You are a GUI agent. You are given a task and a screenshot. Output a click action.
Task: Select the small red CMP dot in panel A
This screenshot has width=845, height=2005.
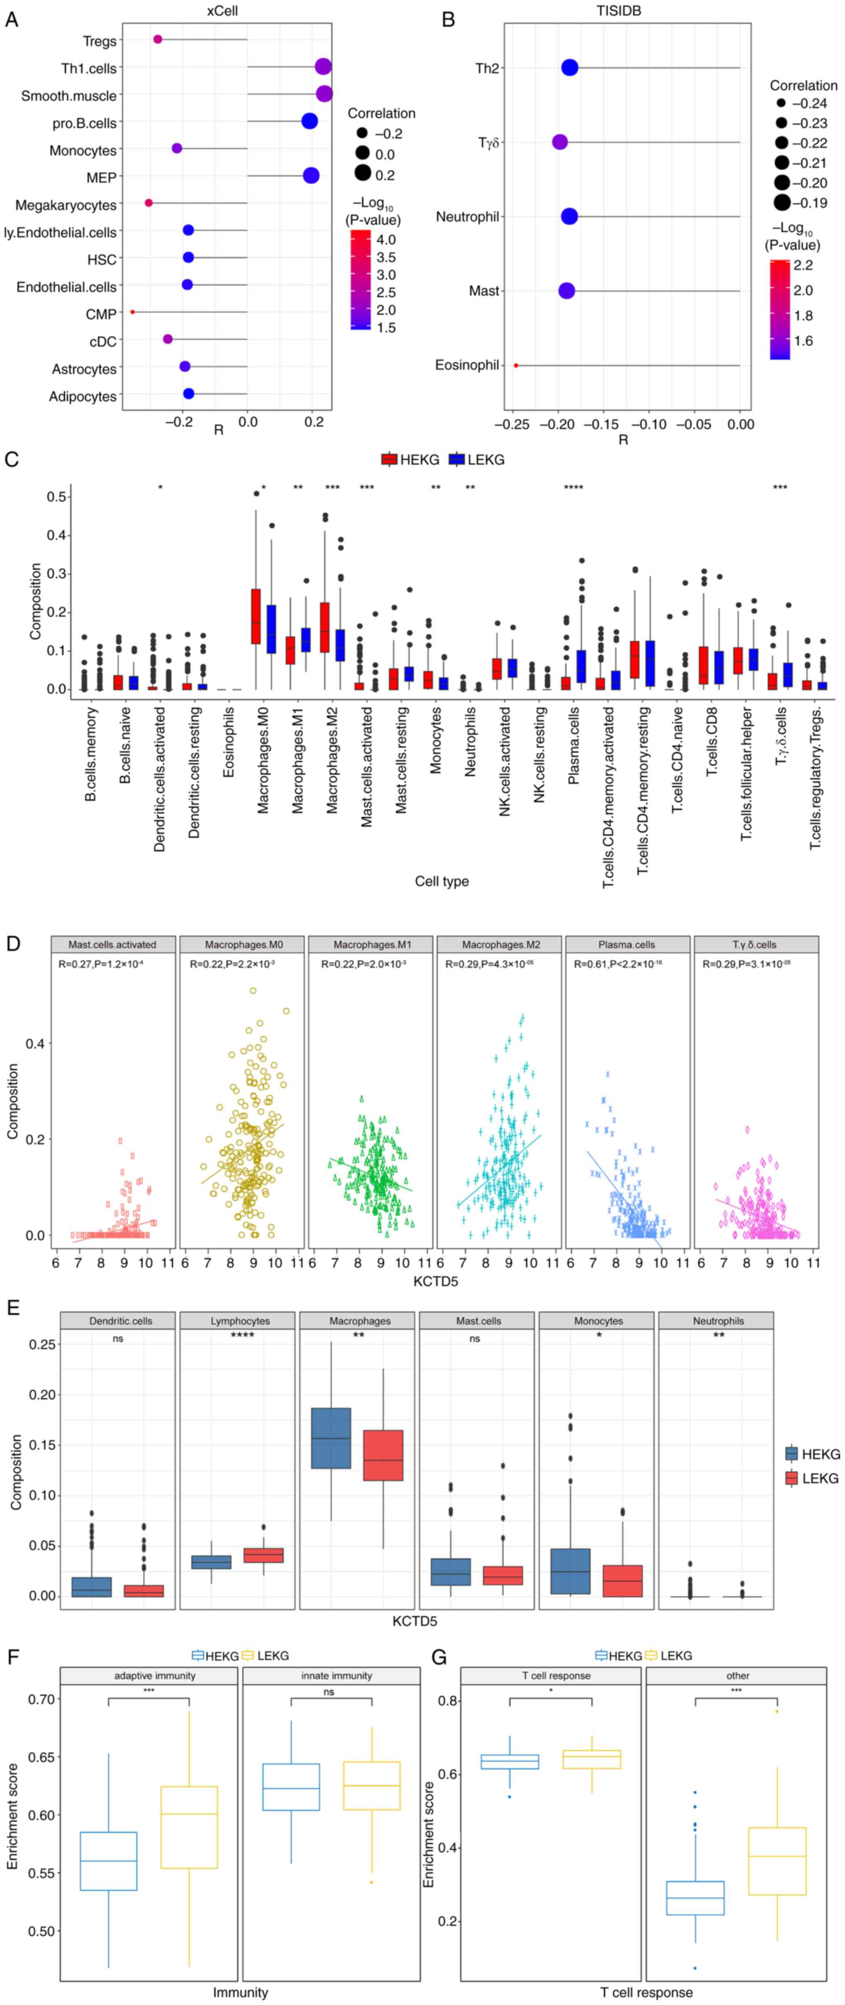[x=132, y=312]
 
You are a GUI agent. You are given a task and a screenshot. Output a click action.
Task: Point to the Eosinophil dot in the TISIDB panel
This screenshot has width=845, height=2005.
[x=516, y=365]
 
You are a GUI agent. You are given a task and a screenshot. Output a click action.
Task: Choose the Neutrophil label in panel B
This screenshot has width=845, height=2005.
[x=467, y=216]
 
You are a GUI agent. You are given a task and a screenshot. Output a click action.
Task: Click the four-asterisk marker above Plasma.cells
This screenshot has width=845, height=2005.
[x=573, y=488]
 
